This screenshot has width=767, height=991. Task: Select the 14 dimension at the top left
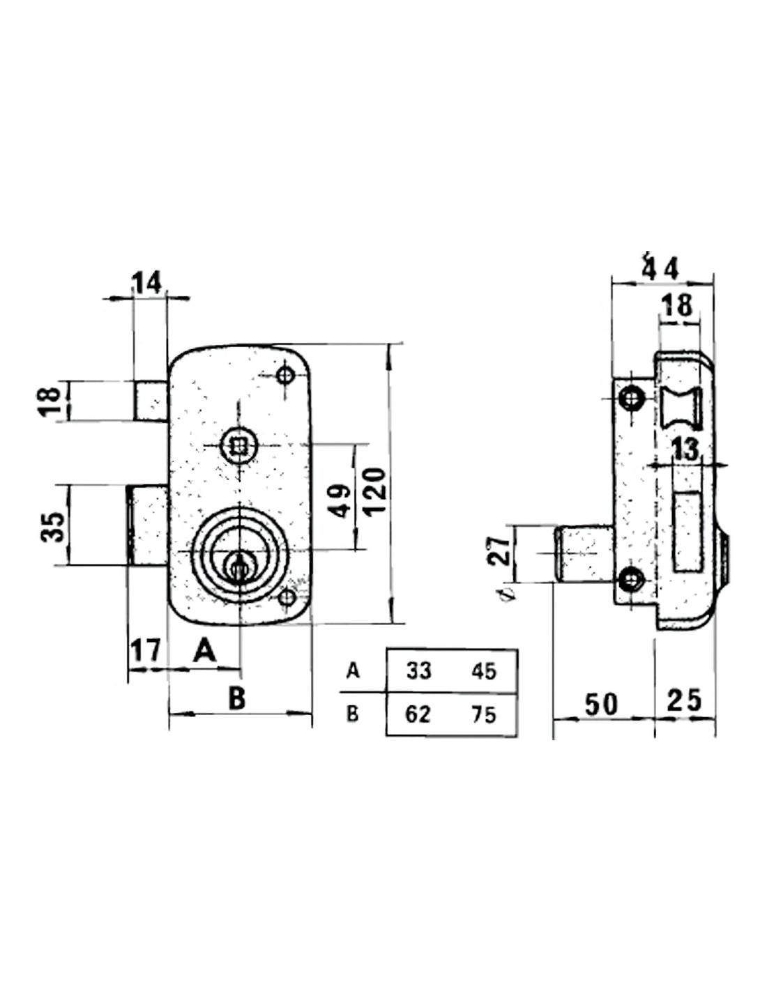[147, 283]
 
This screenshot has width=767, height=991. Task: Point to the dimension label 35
[54, 526]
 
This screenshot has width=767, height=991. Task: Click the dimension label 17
[146, 651]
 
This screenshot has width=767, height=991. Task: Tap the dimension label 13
[685, 450]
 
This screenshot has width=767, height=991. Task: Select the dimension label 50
[601, 704]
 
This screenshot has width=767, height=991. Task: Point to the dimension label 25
[684, 700]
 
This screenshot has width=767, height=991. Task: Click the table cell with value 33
[418, 671]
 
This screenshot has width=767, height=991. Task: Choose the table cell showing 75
[483, 714]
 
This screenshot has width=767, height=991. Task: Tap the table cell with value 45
[483, 671]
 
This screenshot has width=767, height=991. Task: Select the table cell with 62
[418, 714]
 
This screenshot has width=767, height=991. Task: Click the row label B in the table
[353, 714]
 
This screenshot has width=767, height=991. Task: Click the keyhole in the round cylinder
[238, 566]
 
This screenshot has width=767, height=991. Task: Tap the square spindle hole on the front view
[238, 443]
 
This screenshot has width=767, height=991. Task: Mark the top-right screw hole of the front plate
[284, 375]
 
